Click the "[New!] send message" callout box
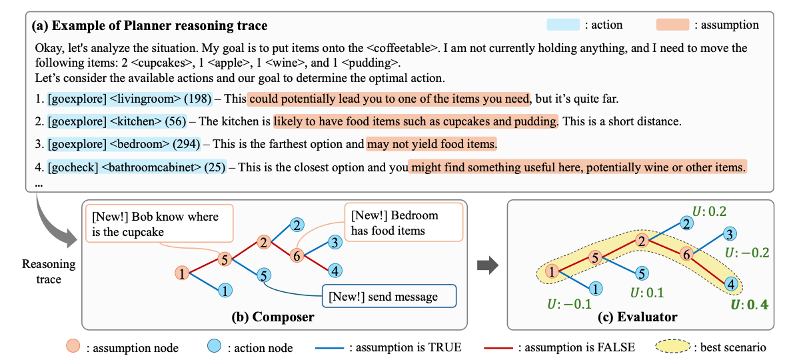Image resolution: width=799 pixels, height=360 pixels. click(389, 296)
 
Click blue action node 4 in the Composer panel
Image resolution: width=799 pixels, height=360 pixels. click(335, 271)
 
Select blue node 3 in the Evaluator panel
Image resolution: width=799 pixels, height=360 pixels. click(730, 234)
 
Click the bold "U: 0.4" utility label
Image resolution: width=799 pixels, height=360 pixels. click(750, 305)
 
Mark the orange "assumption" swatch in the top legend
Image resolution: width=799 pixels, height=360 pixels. click(672, 25)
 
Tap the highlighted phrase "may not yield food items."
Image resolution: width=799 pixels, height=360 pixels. click(431, 144)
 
